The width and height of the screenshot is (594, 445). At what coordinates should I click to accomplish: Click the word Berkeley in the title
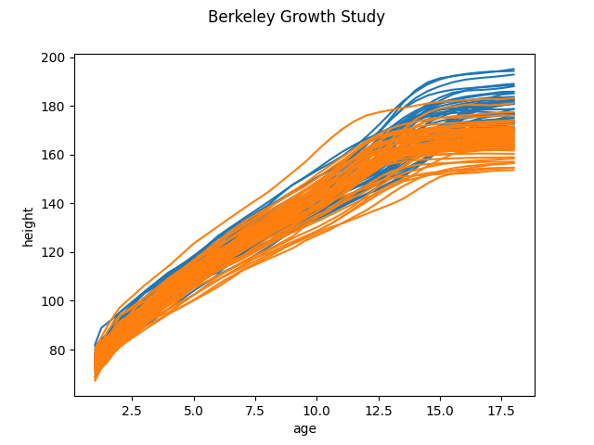click(x=237, y=18)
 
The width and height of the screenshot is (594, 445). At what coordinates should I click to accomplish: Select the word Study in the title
click(x=363, y=18)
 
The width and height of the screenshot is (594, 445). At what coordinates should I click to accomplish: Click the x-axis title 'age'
click(x=304, y=430)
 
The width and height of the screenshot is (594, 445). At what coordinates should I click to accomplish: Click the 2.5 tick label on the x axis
click(x=132, y=411)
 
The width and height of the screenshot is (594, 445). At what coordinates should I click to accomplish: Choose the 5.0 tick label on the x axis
click(x=194, y=411)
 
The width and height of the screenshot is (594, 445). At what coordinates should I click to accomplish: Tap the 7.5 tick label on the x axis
click(x=255, y=411)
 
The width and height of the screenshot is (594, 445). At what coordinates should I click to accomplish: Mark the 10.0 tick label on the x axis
click(x=316, y=411)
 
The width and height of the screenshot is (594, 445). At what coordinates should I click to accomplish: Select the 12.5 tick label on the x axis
click(x=379, y=411)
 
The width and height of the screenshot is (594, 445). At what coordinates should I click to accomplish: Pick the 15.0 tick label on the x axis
click(x=440, y=411)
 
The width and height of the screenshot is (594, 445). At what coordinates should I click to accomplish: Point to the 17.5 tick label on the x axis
click(x=501, y=411)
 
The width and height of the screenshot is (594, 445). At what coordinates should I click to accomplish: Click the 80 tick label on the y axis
click(x=58, y=350)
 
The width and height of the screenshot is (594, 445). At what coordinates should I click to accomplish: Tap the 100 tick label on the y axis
click(x=55, y=301)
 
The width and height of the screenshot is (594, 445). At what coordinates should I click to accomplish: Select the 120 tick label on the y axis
click(x=55, y=252)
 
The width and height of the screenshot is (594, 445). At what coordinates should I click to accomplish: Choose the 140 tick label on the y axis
click(x=55, y=204)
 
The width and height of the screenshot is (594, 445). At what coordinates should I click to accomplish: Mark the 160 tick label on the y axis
click(x=55, y=155)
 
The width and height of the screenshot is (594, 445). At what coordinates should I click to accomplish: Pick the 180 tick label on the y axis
click(x=55, y=107)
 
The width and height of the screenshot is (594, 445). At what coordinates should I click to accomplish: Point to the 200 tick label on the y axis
click(x=55, y=57)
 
